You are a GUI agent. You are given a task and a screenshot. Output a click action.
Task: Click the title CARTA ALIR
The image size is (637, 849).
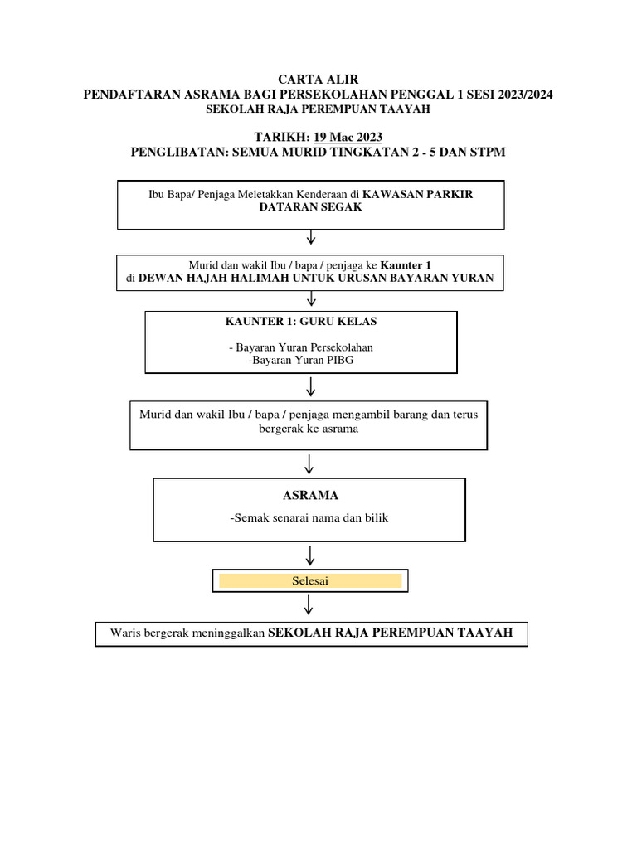pos(318,80)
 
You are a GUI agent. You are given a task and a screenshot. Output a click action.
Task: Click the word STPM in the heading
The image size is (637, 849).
pos(488,152)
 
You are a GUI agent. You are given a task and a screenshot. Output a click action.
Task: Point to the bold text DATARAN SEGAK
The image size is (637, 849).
pos(311,207)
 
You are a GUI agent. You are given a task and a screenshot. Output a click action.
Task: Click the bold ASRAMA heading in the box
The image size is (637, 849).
pos(310,496)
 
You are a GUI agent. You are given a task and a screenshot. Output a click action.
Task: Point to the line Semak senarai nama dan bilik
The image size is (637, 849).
pos(309,518)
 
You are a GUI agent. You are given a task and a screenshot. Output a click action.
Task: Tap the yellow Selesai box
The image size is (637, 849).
pos(310,581)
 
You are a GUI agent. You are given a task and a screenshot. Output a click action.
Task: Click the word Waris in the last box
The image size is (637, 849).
pos(125,633)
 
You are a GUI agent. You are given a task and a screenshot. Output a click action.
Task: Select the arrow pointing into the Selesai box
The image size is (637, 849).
pos(310,555)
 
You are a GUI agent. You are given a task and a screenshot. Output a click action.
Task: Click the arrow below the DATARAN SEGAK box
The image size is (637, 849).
pos(311,238)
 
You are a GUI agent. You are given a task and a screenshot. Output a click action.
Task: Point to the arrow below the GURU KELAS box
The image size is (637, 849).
pos(311,386)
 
